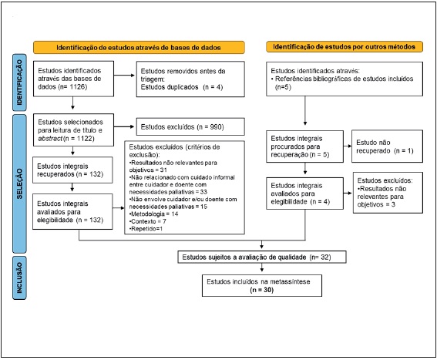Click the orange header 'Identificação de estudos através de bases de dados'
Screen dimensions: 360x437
[139, 46]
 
